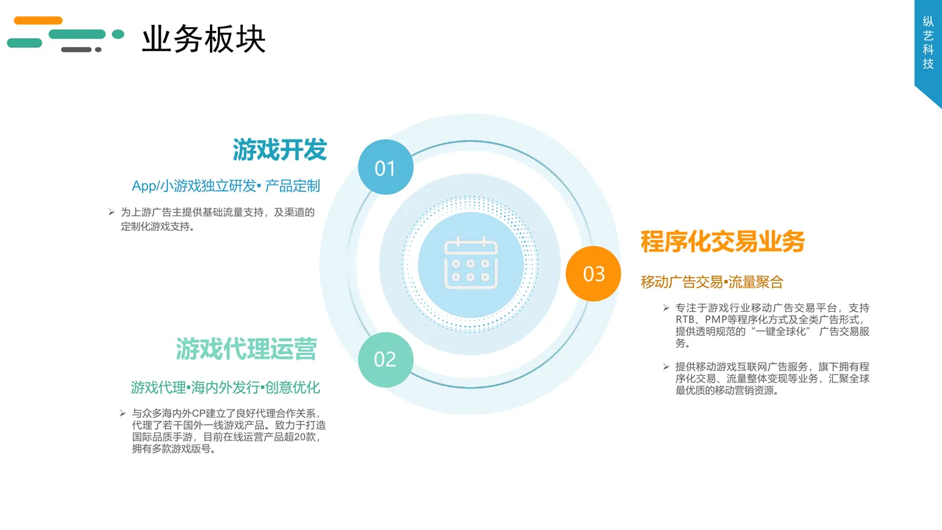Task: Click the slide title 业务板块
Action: (x=203, y=40)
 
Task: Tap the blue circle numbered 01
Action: (x=386, y=168)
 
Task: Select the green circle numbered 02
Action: (x=386, y=360)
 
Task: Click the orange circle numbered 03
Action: (x=593, y=274)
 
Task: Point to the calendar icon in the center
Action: (x=471, y=263)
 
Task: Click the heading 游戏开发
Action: (x=280, y=150)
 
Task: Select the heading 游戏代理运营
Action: (x=246, y=349)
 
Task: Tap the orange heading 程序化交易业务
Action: (x=723, y=241)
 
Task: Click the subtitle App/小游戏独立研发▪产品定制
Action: (x=226, y=186)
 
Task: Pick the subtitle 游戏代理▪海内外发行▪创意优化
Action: (x=225, y=387)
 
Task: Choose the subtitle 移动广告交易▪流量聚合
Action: (x=712, y=282)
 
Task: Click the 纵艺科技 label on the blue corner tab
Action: (x=928, y=42)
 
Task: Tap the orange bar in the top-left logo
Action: (x=38, y=21)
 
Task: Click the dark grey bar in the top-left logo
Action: (x=77, y=50)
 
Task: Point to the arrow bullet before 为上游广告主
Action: (x=112, y=212)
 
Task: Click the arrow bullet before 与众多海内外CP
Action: (x=122, y=413)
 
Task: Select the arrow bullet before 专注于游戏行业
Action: (x=666, y=308)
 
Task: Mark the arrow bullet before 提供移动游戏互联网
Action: (x=666, y=367)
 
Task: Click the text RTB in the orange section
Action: (x=686, y=320)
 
